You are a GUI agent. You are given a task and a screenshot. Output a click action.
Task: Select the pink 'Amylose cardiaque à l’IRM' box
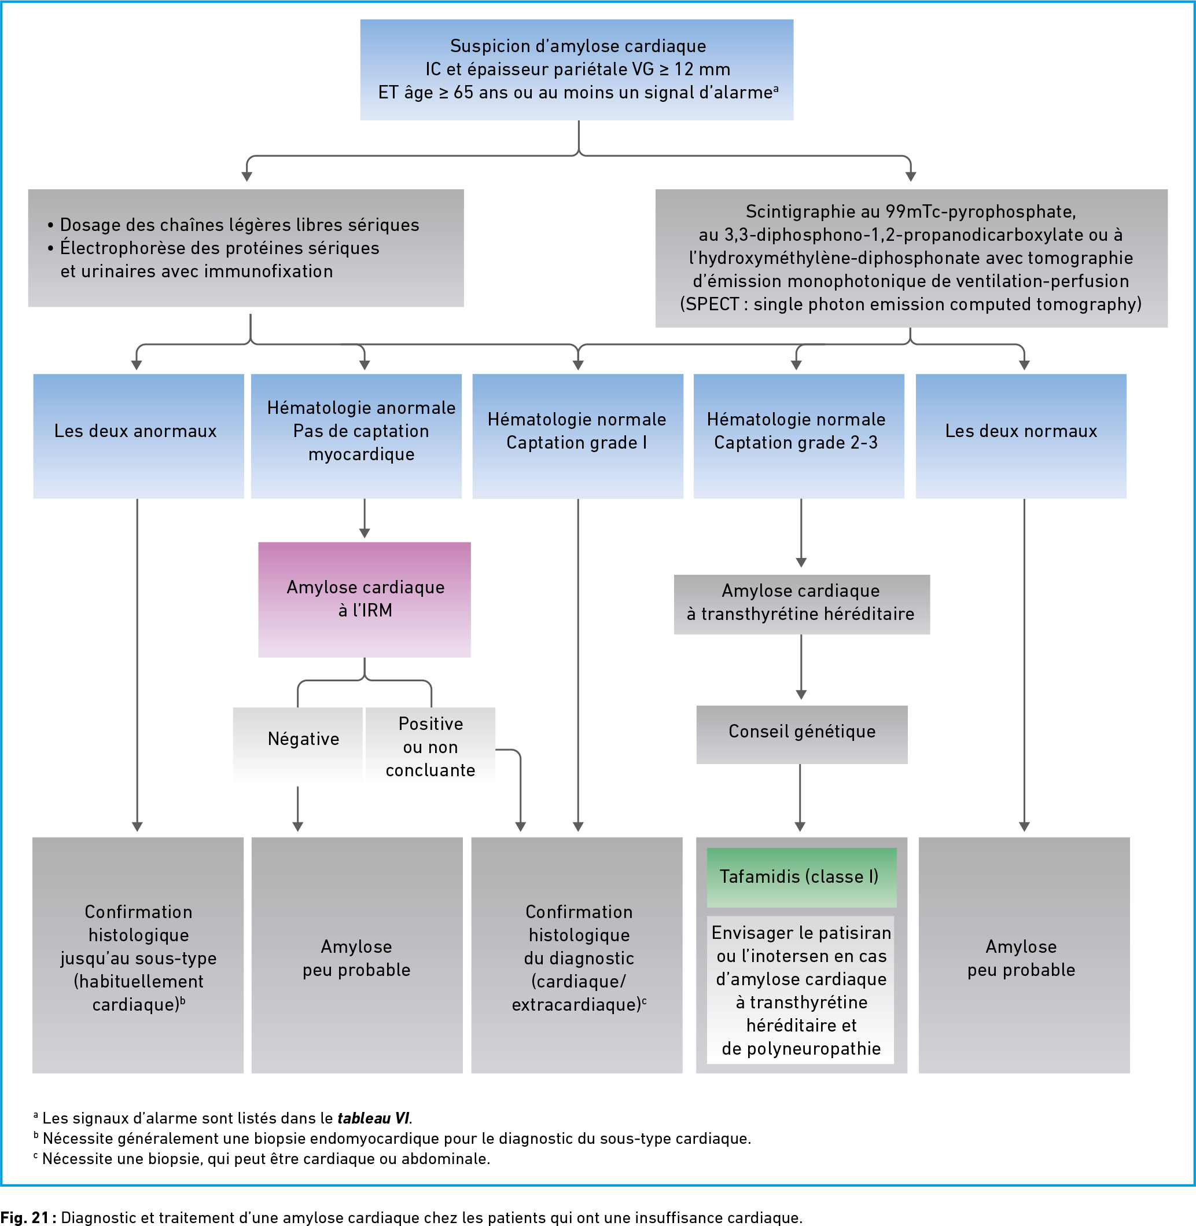365,600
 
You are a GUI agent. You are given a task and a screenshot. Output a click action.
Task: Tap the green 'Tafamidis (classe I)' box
801,876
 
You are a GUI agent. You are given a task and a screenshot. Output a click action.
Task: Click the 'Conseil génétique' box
802,734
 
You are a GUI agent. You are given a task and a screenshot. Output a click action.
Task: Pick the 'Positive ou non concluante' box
430,744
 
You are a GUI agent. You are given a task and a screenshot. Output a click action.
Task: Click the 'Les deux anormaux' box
139,436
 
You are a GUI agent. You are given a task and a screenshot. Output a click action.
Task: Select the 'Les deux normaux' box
1021,436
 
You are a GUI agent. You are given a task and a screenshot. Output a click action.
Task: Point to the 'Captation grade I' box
578,436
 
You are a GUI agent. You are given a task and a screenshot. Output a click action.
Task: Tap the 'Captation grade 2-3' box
799,436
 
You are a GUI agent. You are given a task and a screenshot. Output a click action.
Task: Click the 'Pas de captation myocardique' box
356,436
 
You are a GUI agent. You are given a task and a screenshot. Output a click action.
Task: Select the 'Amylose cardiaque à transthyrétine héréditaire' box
802,604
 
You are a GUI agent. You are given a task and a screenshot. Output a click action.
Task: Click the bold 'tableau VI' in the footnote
373,1118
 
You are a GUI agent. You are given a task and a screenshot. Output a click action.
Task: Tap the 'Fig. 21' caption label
24,1217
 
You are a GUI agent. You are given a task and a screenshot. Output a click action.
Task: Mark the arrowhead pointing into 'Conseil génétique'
801,695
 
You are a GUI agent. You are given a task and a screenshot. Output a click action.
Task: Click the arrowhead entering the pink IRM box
365,534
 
